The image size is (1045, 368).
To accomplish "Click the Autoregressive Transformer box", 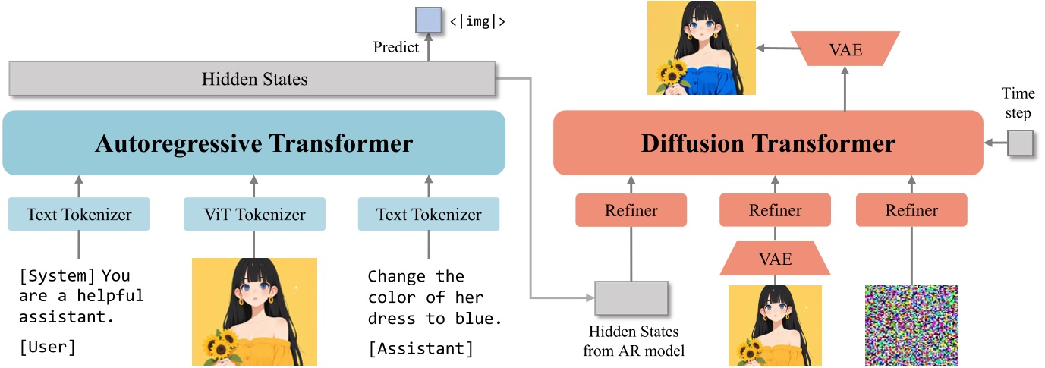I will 253,143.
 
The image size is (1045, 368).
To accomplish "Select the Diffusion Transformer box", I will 768,143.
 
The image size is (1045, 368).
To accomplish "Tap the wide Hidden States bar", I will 253,79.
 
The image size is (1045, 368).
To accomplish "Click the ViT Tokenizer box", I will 254,214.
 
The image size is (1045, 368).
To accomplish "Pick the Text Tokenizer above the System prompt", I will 79,214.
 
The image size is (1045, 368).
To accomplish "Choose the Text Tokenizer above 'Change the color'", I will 429,214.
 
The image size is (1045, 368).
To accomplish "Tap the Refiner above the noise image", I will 911,210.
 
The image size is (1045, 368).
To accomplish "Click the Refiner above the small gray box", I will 631,210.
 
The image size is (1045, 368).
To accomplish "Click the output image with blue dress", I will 691,48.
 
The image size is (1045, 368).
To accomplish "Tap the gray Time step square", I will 1020,143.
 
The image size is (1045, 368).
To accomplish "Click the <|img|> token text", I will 477,22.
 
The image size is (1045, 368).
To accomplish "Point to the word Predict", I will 395,47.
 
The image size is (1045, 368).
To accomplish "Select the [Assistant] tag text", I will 420,348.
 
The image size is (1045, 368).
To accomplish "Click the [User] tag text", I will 47,348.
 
